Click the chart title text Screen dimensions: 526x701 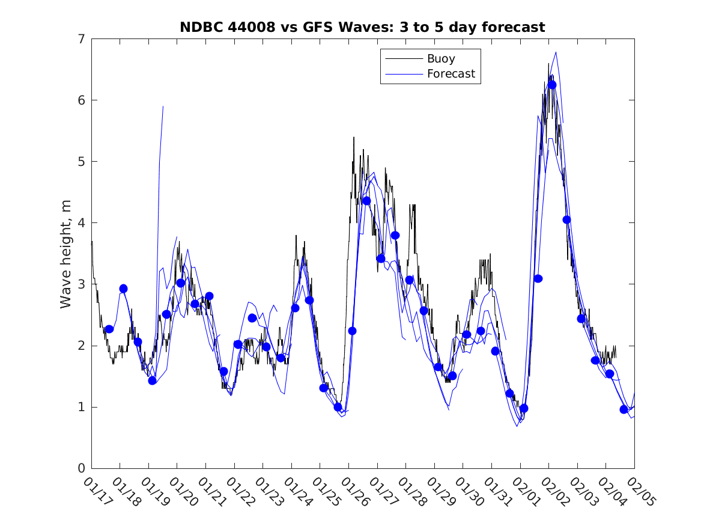point(362,28)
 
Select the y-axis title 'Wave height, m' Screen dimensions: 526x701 point(67,254)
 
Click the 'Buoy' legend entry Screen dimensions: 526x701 point(441,59)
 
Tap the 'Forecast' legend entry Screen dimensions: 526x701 point(451,74)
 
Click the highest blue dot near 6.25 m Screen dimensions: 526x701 point(552,85)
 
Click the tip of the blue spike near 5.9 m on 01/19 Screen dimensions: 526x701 point(163,106)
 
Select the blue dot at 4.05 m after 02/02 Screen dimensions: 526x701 point(566,220)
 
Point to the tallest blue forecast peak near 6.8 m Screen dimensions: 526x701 point(556,52)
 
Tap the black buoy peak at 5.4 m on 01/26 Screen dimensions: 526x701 point(354,137)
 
